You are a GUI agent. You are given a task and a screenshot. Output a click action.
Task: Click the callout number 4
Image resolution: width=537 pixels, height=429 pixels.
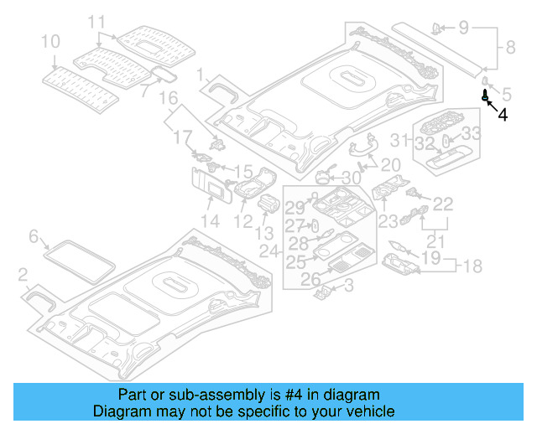point(502,116)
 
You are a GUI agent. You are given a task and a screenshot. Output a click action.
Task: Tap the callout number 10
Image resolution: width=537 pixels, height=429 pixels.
point(50,40)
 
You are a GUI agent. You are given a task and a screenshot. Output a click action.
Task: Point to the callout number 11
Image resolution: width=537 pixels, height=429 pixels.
point(97,21)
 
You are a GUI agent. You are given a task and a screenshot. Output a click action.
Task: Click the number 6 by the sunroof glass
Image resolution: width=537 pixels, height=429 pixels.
point(34,237)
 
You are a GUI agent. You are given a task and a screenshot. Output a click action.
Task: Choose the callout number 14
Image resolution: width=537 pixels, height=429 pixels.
point(210,220)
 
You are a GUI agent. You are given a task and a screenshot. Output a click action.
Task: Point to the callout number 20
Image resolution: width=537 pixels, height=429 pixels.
point(391,164)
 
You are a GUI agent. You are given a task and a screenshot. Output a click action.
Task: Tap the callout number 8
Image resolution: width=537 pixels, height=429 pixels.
point(510,49)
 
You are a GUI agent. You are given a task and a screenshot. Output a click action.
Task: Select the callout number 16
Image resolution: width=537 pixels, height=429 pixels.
point(169,98)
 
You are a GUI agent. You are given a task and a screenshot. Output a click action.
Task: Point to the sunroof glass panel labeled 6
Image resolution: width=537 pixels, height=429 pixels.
point(80,258)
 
